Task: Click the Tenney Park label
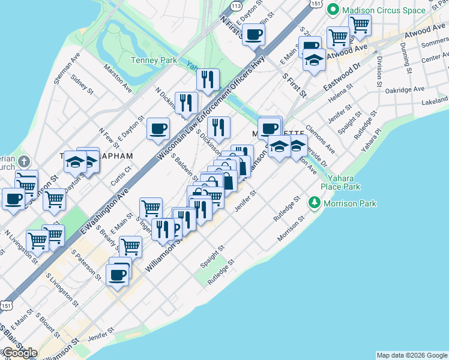pyautogui.click(x=154, y=60)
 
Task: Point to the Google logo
pyautogui.click(x=19, y=353)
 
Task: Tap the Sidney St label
pyautogui.click(x=82, y=85)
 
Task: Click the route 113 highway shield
pyautogui.click(x=236, y=5)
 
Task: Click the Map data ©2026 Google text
pyautogui.click(x=412, y=355)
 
